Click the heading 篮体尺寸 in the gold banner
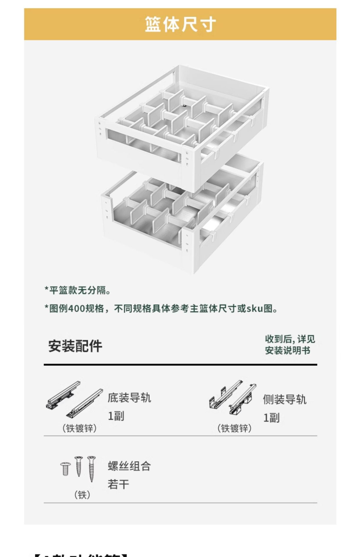point(180,24)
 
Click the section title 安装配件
point(75,346)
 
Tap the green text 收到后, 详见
point(289,339)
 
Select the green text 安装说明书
point(287,350)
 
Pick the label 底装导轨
point(129,398)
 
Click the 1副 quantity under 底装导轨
point(116,416)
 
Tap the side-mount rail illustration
point(232,397)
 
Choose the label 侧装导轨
point(285,399)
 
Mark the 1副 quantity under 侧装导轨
point(271,418)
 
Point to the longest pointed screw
point(91,468)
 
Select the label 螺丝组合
point(129,466)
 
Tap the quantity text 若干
point(118,484)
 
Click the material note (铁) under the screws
point(82,495)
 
